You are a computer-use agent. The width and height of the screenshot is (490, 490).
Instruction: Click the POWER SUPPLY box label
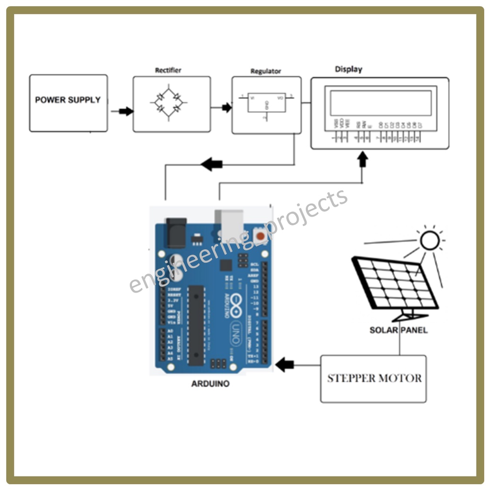click(x=68, y=100)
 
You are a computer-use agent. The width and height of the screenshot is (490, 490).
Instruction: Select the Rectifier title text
click(x=168, y=70)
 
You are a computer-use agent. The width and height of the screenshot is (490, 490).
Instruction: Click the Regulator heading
click(x=266, y=71)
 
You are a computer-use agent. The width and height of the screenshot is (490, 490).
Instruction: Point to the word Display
click(x=348, y=69)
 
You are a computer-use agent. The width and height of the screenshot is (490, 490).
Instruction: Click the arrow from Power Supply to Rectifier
click(x=126, y=111)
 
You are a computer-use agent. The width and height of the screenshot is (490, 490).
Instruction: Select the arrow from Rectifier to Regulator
click(x=226, y=108)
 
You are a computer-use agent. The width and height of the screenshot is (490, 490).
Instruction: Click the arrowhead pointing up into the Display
click(x=362, y=159)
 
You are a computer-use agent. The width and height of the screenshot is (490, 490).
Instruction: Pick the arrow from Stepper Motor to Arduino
click(x=285, y=365)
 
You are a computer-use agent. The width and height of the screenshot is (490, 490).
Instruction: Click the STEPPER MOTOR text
click(x=374, y=378)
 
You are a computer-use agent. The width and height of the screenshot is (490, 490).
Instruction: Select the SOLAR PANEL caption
click(x=399, y=330)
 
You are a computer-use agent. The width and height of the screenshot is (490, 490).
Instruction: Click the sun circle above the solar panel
click(x=429, y=240)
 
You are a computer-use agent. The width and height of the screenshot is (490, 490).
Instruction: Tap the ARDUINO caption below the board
click(x=210, y=384)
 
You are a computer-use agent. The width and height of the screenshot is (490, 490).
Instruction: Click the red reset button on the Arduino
click(x=260, y=235)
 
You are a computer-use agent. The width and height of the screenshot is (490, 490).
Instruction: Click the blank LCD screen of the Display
click(x=380, y=102)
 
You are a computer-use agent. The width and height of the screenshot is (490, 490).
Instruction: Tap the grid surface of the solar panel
click(x=395, y=284)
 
